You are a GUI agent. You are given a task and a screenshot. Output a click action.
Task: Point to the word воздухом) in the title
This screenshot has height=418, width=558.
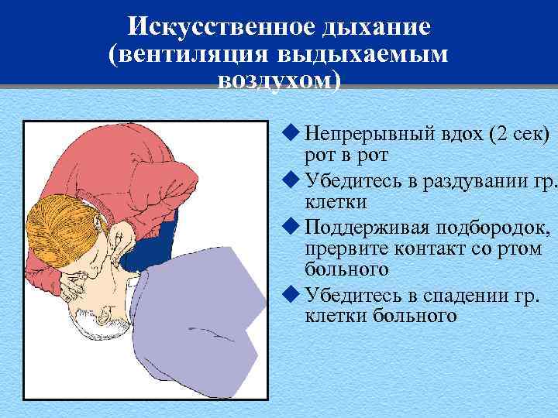(279, 81)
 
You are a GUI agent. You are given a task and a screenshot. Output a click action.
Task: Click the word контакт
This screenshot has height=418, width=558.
(428, 251)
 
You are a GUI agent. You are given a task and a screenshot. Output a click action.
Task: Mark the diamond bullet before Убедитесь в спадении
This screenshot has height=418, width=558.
(291, 296)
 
